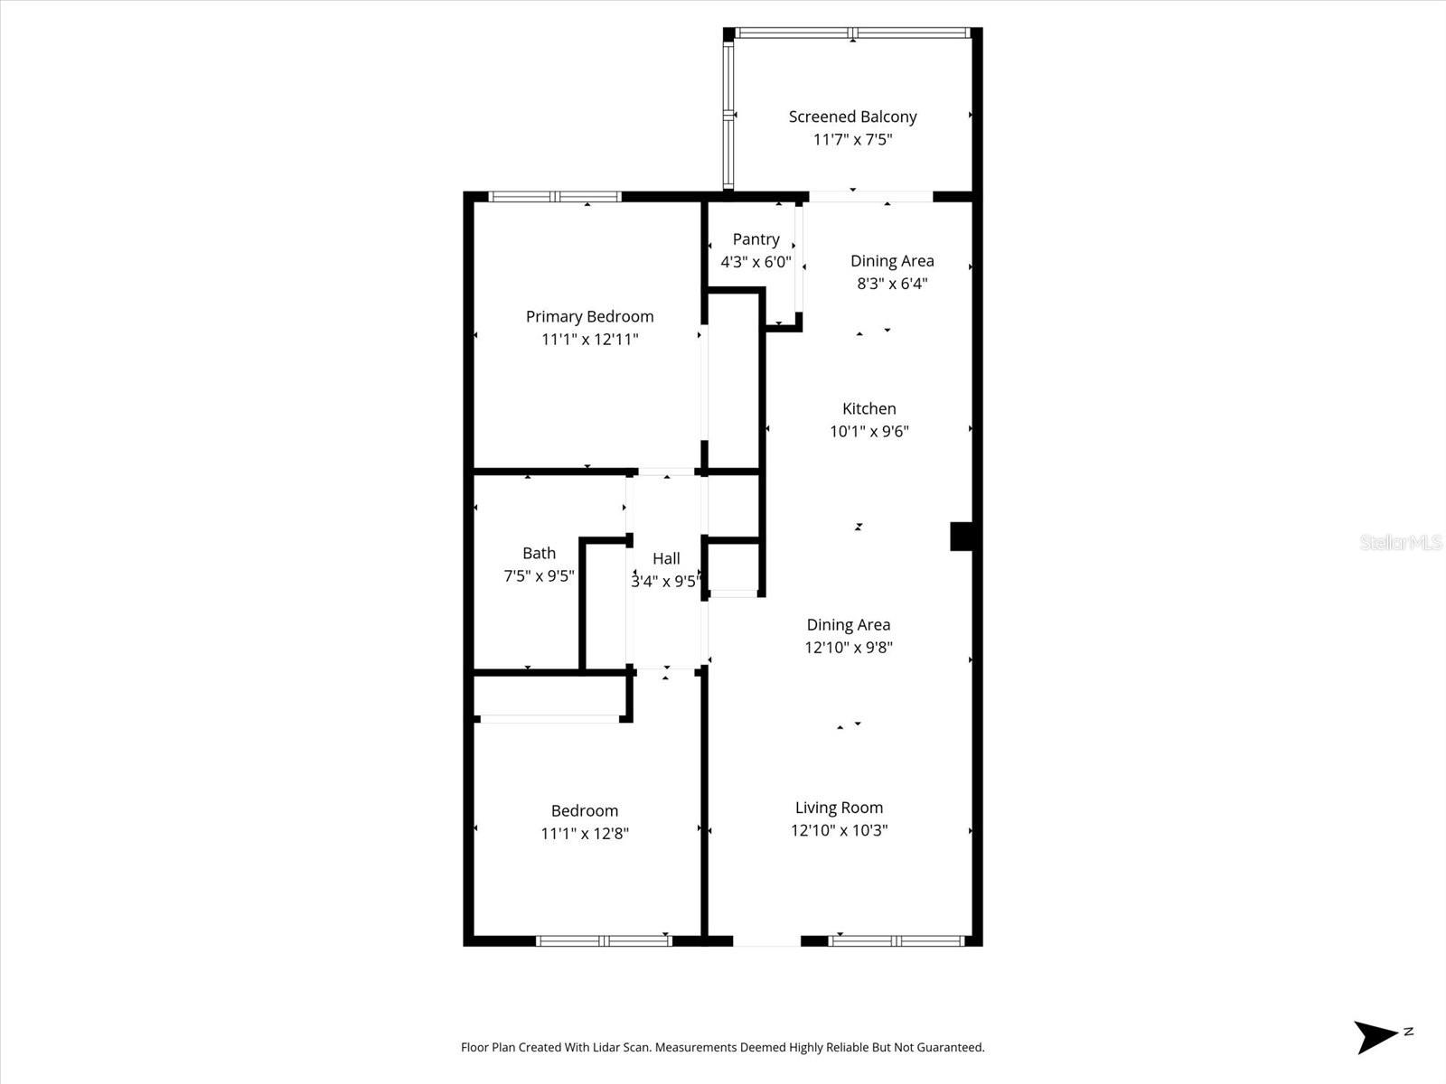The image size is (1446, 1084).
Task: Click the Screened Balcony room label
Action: click(x=852, y=117)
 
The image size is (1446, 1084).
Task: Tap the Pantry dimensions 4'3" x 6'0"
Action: click(x=756, y=262)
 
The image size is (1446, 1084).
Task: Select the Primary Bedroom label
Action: click(x=589, y=316)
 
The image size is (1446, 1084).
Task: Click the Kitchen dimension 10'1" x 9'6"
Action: click(x=869, y=432)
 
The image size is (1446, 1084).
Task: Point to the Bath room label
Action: click(x=539, y=553)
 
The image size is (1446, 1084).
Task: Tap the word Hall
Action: click(x=666, y=558)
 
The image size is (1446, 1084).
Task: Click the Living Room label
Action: click(x=839, y=808)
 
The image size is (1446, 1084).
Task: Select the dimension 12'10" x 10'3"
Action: click(x=839, y=830)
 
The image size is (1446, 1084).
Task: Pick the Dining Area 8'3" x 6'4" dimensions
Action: click(x=892, y=284)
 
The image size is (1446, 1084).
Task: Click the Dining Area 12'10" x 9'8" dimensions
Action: click(x=849, y=647)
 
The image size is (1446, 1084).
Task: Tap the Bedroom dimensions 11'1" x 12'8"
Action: click(x=585, y=834)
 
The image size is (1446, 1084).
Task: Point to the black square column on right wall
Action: click(x=961, y=536)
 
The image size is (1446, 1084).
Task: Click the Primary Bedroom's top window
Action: click(x=555, y=197)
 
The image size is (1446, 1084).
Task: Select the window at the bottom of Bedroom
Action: click(x=604, y=940)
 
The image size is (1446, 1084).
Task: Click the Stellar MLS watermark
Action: click(x=1401, y=542)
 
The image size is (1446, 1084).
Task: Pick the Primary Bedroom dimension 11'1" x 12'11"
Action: click(x=589, y=340)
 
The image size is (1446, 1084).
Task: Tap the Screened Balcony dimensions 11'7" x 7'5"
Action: click(x=852, y=139)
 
